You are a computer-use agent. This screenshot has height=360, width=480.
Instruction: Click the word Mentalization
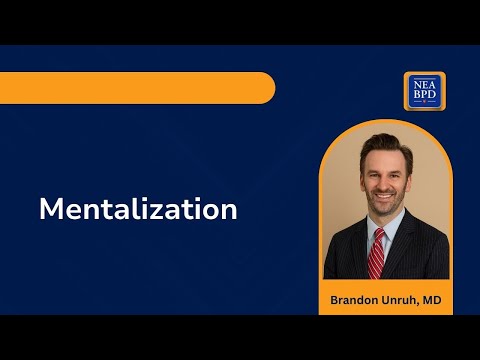138,210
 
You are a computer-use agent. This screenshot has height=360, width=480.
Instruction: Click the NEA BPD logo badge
425,91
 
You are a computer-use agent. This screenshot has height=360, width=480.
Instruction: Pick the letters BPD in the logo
425,96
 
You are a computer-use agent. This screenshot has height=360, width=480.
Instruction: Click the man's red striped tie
377,255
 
